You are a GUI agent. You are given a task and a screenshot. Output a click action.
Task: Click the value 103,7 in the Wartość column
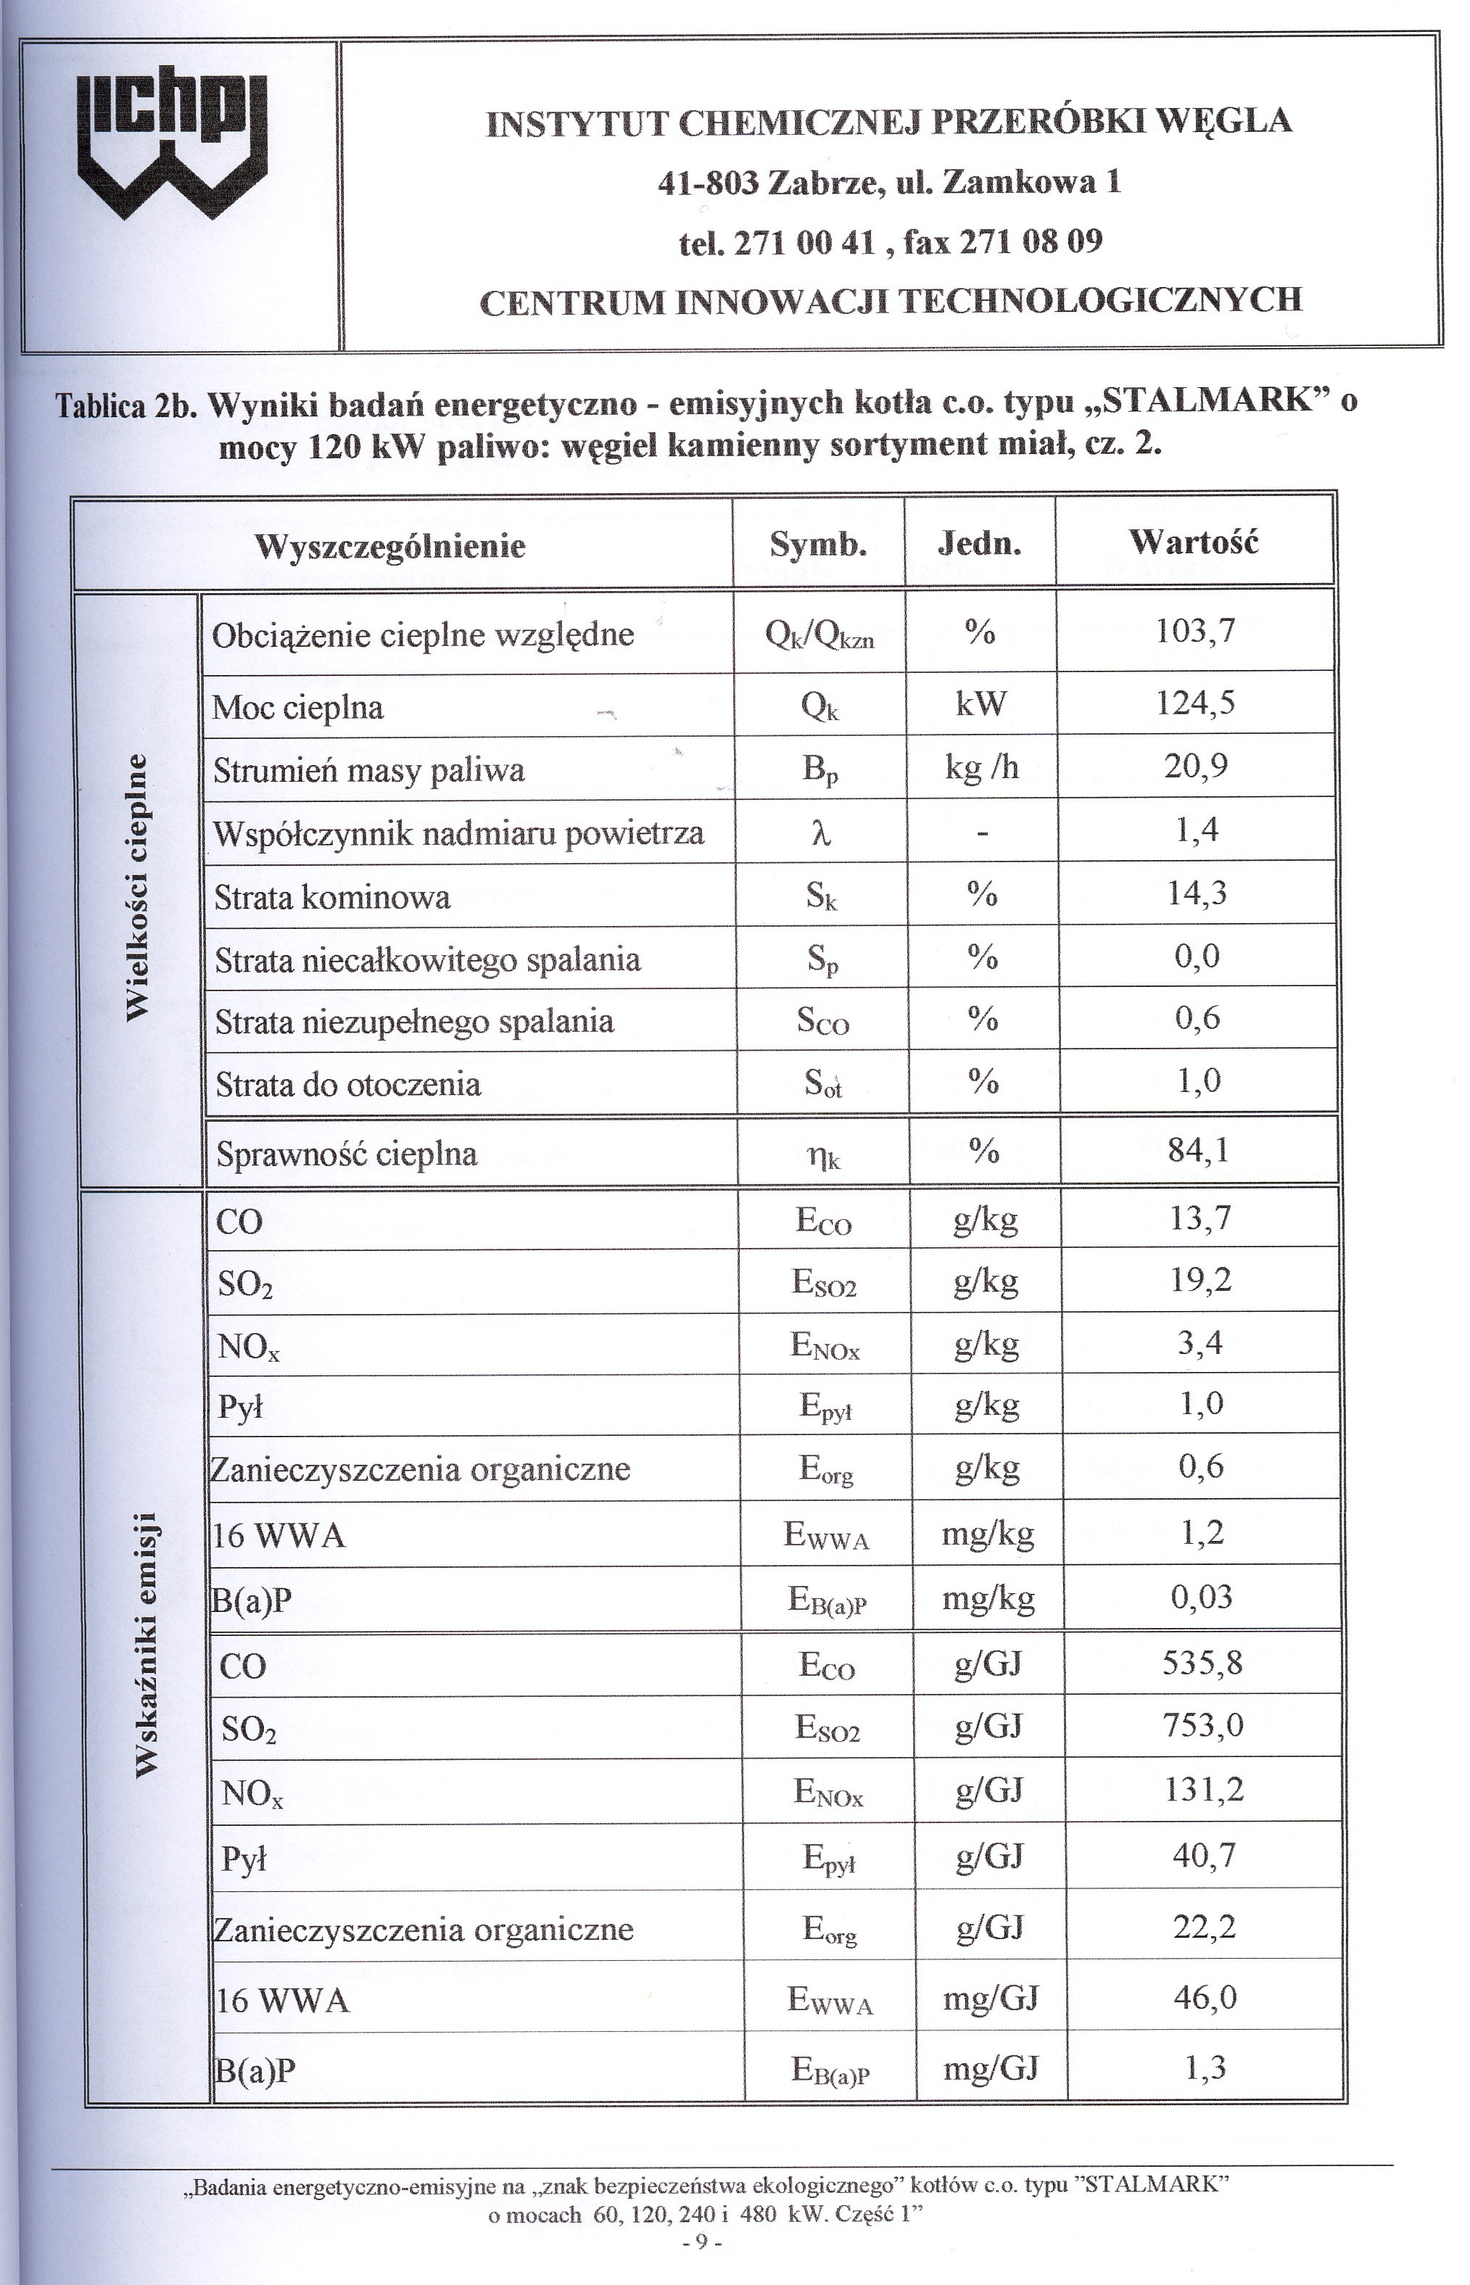click(x=1195, y=631)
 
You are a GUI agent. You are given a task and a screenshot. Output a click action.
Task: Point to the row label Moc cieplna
click(x=298, y=707)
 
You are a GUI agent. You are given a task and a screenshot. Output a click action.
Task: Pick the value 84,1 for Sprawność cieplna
click(x=1198, y=1150)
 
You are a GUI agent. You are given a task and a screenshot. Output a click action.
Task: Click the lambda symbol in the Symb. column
click(x=820, y=833)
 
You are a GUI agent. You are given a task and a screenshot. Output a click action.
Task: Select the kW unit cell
click(x=980, y=703)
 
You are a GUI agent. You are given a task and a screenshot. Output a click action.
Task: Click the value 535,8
click(x=1202, y=1664)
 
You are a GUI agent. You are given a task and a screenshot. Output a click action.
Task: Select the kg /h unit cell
click(x=982, y=767)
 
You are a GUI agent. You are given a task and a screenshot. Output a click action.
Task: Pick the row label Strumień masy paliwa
click(x=368, y=770)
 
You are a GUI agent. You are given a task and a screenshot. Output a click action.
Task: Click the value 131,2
click(x=1204, y=1790)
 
